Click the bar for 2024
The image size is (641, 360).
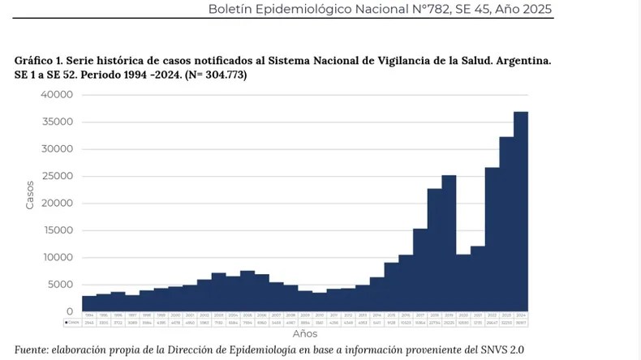520,212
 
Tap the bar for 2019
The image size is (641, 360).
448,243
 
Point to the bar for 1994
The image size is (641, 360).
89,304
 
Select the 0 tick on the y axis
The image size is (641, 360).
69,311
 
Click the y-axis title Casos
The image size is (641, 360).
30,195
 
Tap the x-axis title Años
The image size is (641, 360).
305,333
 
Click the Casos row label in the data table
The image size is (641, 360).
72,323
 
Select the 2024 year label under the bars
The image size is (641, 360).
520,315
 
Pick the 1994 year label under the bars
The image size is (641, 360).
89,315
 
